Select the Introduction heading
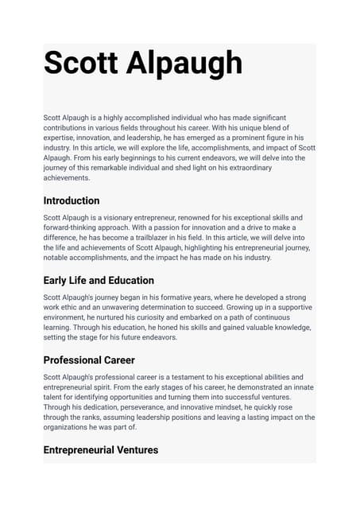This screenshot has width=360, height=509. click(72, 200)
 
